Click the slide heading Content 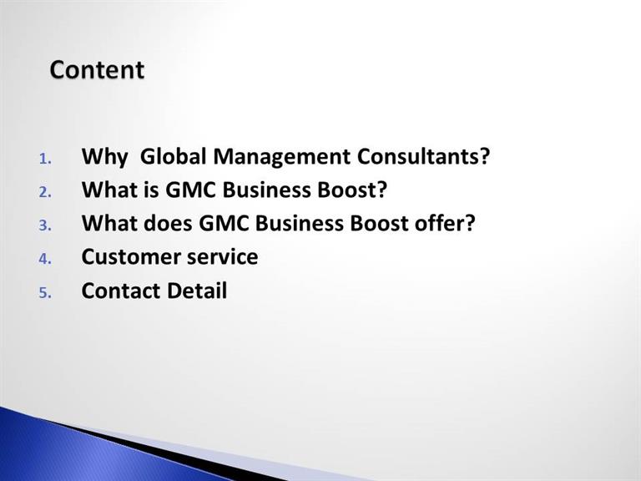(x=97, y=69)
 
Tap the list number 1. (x=45, y=159)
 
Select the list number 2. (x=45, y=192)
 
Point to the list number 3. (x=45, y=225)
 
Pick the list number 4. (x=45, y=259)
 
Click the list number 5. (x=45, y=293)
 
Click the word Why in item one (x=104, y=157)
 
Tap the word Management (x=282, y=157)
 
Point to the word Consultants (x=423, y=156)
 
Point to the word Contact (x=120, y=291)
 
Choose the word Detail (x=197, y=291)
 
